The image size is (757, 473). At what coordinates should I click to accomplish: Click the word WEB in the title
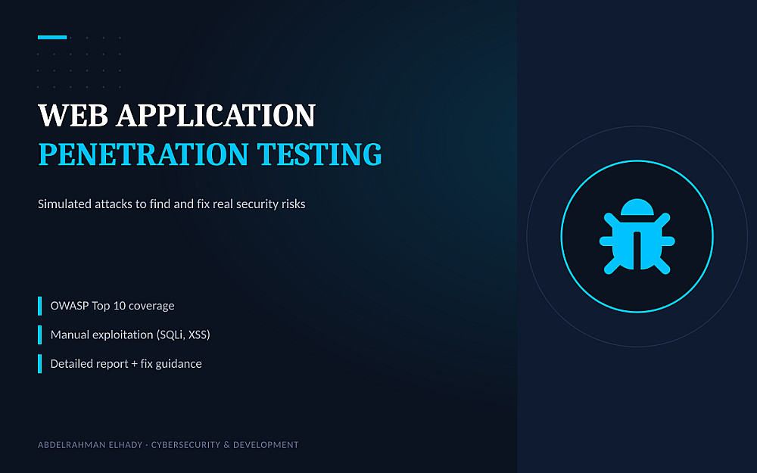click(73, 115)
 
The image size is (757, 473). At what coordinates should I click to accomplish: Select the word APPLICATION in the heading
click(216, 115)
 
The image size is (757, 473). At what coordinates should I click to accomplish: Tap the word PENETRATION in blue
click(143, 154)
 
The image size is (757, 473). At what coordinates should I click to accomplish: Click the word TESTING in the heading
click(319, 154)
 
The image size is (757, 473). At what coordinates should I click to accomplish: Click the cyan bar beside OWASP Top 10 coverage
click(39, 306)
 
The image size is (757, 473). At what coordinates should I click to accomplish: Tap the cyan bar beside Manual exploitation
click(39, 335)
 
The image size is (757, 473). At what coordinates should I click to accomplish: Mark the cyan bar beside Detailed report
click(39, 364)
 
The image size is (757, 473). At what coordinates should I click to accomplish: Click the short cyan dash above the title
click(52, 37)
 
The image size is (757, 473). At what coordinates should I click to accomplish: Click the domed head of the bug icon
click(637, 207)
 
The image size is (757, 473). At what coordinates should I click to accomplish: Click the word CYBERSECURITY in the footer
click(186, 444)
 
